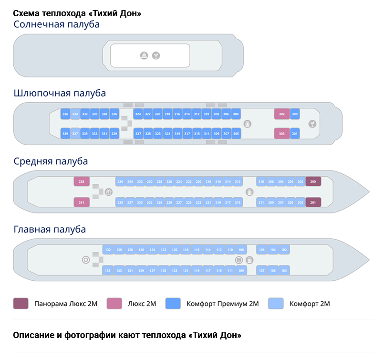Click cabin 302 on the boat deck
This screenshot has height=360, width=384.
[281, 114]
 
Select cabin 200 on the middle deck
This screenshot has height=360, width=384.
[313, 182]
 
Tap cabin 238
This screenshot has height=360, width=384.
[82, 181]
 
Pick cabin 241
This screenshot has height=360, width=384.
[82, 202]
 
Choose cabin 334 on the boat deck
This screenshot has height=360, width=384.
[75, 114]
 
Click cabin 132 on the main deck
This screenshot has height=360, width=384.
[108, 250]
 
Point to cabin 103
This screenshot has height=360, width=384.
[284, 271]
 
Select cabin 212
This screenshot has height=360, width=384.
[238, 182]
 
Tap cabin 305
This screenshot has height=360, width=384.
[236, 134]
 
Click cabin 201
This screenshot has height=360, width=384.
[313, 202]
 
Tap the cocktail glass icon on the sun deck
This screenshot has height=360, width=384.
[156, 56]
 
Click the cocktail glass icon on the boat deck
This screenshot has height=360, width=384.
[312, 124]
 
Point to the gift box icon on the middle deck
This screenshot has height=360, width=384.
[108, 192]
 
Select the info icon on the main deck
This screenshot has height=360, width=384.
[239, 260]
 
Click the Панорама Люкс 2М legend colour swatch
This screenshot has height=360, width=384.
[21, 303]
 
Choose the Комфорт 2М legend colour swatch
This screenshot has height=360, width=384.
[276, 303]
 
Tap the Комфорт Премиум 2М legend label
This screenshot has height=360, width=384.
[222, 304]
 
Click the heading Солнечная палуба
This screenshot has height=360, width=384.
[57, 24]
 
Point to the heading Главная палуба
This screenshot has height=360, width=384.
[50, 229]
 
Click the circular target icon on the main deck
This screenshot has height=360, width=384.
[86, 260]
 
